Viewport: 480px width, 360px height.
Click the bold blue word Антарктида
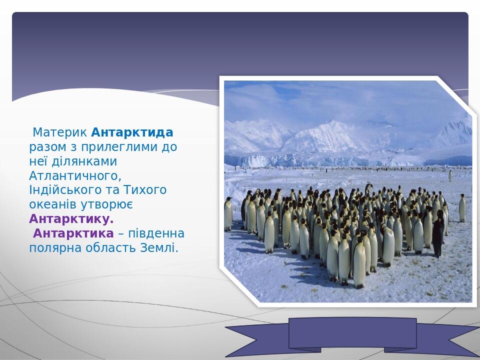(x=132, y=133)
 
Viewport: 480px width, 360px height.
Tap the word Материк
(x=60, y=133)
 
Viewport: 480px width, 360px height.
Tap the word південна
(x=159, y=234)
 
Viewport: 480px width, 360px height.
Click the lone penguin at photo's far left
(x=228, y=213)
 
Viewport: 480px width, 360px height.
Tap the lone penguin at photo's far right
(x=462, y=208)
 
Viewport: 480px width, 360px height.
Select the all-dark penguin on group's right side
(x=437, y=233)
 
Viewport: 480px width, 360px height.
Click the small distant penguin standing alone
(x=450, y=176)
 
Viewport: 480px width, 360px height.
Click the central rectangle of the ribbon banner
(x=352, y=332)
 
